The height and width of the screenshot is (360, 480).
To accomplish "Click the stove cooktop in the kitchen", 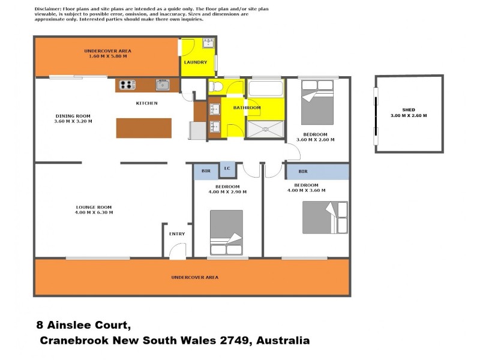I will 127,85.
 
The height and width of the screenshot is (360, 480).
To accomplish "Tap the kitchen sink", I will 163,85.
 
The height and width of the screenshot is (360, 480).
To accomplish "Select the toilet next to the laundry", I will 217,88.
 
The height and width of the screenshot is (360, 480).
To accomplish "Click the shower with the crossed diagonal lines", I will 265,130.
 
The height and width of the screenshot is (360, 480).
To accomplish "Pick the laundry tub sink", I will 208,43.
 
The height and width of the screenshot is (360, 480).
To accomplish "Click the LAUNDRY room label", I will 196,62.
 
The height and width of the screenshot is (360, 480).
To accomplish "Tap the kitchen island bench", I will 143,128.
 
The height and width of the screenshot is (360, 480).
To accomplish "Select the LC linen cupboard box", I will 227,169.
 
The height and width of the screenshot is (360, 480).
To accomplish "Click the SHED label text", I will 409,110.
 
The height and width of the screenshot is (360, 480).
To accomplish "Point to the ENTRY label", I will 177,233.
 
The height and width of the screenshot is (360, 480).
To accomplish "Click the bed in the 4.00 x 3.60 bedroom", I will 325,217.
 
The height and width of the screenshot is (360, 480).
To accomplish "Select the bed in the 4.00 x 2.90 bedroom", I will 226,233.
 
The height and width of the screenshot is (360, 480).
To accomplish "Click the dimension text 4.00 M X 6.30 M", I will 94,212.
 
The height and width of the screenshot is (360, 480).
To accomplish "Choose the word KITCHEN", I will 146,103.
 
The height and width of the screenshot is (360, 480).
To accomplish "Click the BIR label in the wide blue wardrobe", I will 303,172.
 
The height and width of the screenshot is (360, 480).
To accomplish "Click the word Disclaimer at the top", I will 48,10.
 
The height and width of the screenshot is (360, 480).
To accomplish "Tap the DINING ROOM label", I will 73,116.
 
